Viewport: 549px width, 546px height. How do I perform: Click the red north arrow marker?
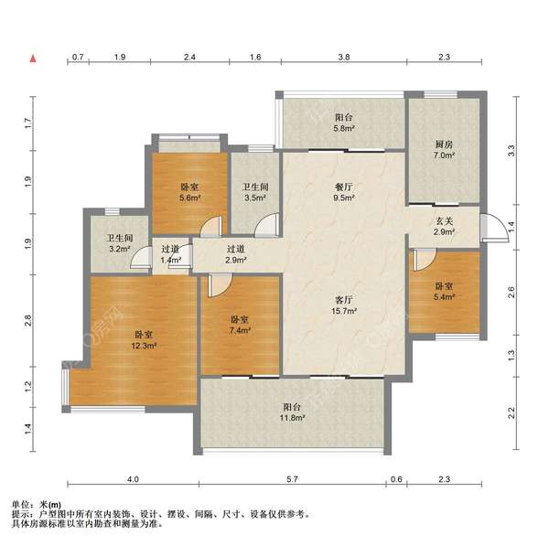[33, 59]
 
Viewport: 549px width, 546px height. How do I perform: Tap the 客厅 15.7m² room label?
[344, 305]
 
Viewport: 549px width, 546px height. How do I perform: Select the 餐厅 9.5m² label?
[344, 192]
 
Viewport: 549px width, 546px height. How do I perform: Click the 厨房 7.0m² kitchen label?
[444, 149]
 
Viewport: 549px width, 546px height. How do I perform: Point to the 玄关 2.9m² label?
[444, 226]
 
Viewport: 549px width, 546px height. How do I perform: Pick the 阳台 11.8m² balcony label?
[292, 412]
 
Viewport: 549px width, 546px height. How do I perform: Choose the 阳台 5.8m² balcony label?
[344, 123]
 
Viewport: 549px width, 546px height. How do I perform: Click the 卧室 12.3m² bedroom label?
[144, 340]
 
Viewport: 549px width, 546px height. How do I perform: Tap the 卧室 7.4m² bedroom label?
[240, 325]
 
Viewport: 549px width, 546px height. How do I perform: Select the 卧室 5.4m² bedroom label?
[444, 292]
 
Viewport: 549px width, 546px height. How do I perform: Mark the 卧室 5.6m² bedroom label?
[189, 192]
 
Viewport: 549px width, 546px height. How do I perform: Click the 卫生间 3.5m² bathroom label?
[255, 192]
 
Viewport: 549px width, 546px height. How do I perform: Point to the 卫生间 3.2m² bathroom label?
[120, 243]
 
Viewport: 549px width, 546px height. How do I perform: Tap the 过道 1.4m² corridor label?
[170, 254]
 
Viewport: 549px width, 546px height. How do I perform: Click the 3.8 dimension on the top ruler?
[344, 57]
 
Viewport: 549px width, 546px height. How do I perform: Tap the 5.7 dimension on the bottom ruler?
[292, 479]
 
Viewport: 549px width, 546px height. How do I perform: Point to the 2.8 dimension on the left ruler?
[28, 321]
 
